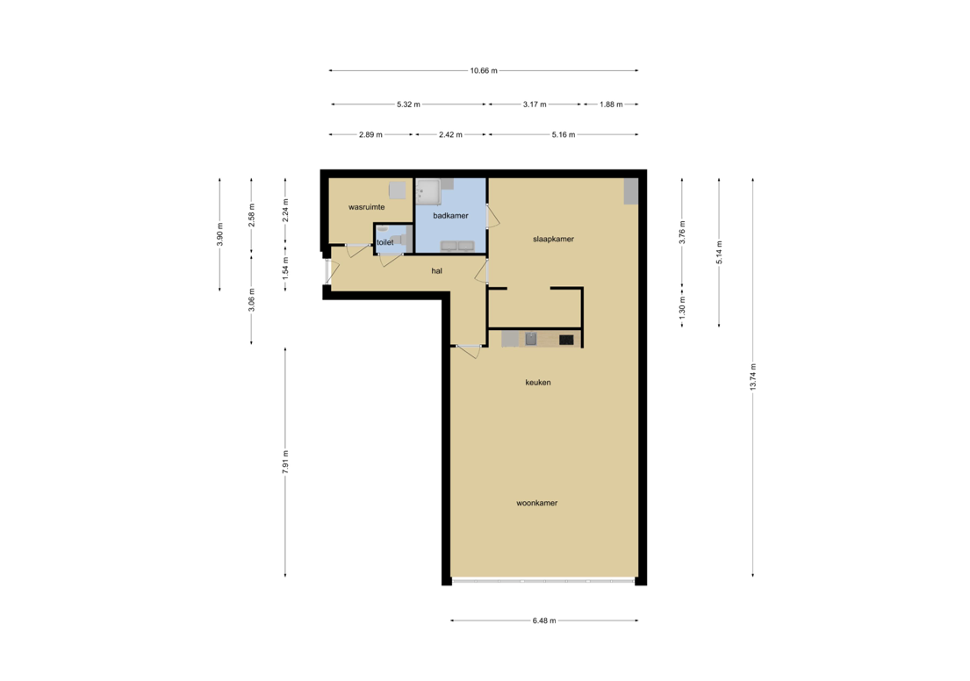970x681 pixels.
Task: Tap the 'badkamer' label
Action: (x=450, y=215)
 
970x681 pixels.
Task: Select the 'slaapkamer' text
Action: (x=553, y=239)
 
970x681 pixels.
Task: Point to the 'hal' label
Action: (x=436, y=271)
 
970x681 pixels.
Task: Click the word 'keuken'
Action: (x=538, y=383)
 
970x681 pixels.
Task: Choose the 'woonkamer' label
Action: (x=537, y=503)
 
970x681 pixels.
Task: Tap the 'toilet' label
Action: (x=384, y=243)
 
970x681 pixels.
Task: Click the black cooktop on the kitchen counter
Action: (x=566, y=339)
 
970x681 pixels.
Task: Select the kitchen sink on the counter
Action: (x=530, y=338)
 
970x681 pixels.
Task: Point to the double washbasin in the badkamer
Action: (x=458, y=245)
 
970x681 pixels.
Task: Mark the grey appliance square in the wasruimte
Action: (x=398, y=190)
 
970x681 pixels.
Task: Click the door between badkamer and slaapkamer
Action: (x=492, y=216)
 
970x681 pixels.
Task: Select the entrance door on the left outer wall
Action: (x=327, y=271)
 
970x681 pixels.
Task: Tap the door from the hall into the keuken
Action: (x=467, y=349)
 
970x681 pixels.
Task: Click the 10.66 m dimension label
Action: (x=484, y=71)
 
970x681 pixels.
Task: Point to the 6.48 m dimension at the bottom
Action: (x=544, y=620)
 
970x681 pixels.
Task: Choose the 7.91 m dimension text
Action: (x=284, y=462)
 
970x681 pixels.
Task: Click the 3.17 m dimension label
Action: (x=535, y=104)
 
